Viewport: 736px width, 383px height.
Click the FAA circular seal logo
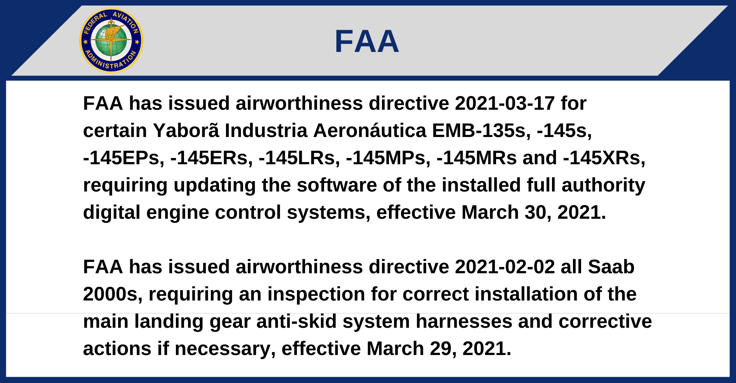pyautogui.click(x=111, y=41)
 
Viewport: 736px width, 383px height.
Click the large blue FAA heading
pyautogui.click(x=367, y=41)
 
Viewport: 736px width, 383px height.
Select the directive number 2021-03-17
pyautogui.click(x=505, y=103)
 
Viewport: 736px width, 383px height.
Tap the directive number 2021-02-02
pyautogui.click(x=505, y=267)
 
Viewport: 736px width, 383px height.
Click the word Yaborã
pyautogui.click(x=186, y=130)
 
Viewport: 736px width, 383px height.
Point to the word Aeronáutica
pyautogui.click(x=370, y=130)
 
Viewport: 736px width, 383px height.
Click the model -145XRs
pyautogui.click(x=604, y=158)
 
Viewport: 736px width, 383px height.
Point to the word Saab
pyautogui.click(x=611, y=267)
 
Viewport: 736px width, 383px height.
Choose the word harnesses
pyautogui.click(x=464, y=321)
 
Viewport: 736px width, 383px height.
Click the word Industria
pyautogui.click(x=266, y=130)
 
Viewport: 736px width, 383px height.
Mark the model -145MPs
pyautogui.click(x=388, y=158)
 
